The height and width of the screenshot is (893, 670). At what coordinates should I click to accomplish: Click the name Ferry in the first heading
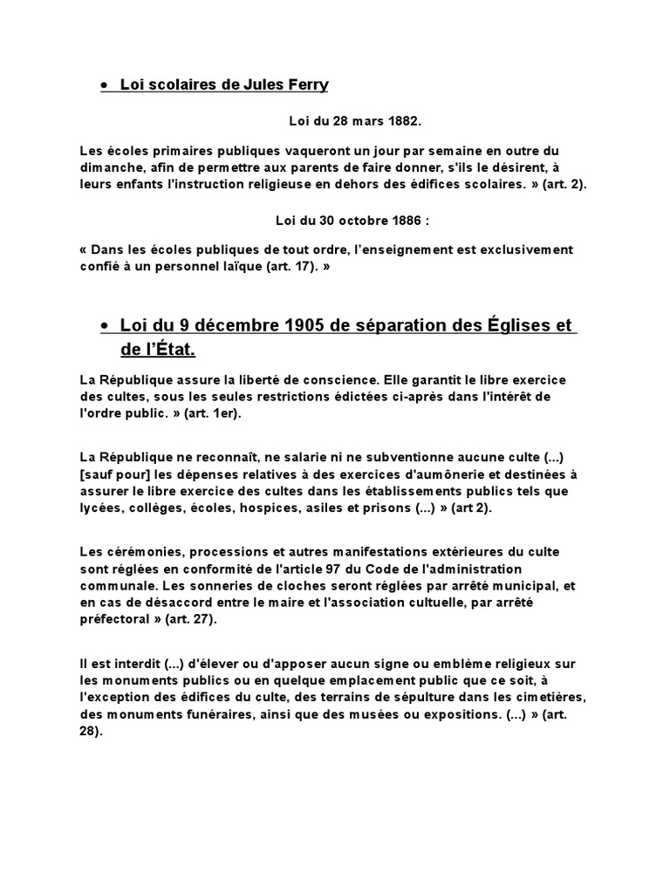point(306,85)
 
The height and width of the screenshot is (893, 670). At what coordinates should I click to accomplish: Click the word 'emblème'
point(433,665)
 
